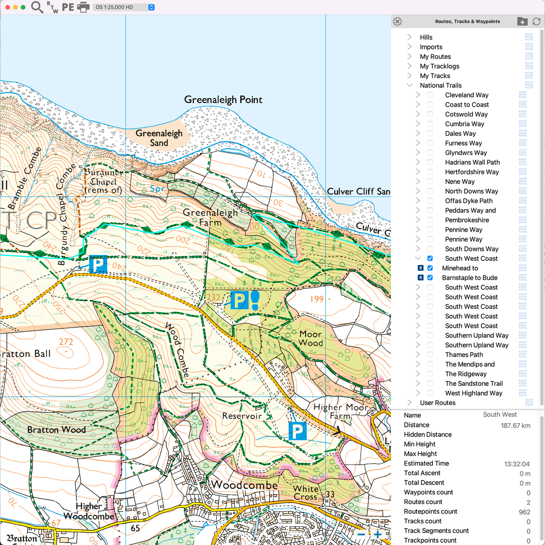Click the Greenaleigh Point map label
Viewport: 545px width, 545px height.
point(223,100)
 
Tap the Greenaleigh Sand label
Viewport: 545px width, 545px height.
point(159,138)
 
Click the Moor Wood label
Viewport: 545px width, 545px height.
point(311,339)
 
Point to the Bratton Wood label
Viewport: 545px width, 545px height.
point(56,430)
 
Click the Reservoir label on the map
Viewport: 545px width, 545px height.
point(242,416)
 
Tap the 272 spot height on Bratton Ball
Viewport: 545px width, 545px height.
point(66,342)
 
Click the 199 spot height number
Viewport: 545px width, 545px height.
point(317,299)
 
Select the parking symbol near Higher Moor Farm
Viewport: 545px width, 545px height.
point(297,431)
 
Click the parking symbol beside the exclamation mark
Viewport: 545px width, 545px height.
point(239,300)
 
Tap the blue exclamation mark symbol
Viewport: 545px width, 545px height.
point(255,300)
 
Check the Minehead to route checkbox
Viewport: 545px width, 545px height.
point(430,268)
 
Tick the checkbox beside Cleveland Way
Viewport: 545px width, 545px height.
point(430,95)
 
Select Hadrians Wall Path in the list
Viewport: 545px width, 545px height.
point(472,162)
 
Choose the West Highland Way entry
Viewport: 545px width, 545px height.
point(473,393)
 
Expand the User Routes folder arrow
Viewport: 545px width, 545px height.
point(410,403)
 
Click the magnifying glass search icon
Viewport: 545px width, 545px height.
point(37,7)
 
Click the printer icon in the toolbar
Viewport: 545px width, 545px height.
point(84,7)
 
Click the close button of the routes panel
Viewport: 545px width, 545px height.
point(397,21)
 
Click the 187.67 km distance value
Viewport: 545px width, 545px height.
point(515,425)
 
